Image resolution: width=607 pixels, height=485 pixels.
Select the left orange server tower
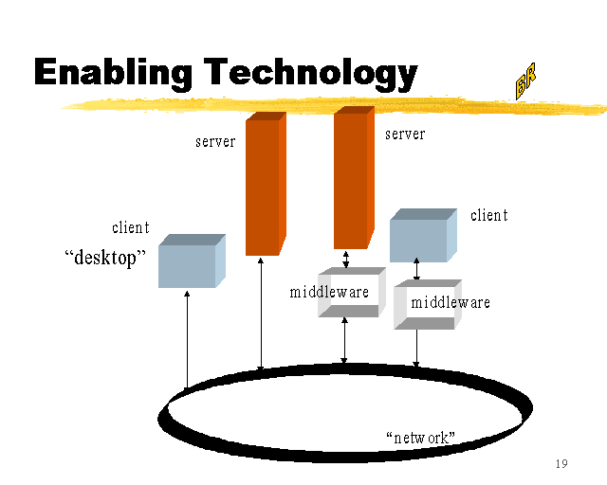point(265,185)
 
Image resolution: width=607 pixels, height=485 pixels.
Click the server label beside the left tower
point(215,142)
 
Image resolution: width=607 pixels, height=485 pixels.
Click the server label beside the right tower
point(405,135)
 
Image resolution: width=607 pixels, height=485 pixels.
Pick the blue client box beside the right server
point(421,237)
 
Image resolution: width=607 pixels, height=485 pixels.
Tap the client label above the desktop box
point(131,227)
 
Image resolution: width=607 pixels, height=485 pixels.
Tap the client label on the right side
point(489,215)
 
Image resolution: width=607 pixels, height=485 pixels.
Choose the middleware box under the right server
point(349,293)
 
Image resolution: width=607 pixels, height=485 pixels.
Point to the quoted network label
point(421,438)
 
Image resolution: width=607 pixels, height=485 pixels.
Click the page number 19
point(561,464)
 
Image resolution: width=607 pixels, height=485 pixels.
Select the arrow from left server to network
point(261,313)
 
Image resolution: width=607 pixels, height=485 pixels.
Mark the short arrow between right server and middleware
point(346,259)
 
